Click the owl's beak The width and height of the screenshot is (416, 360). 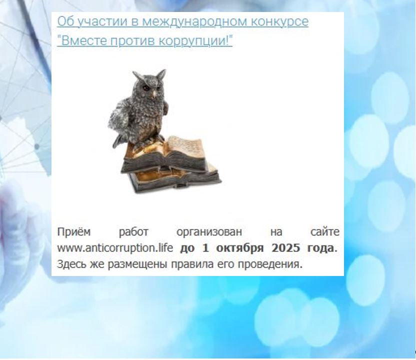click(154, 93)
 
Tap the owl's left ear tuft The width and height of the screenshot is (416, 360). click(137, 75)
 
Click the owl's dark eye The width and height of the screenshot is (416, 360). click(146, 87)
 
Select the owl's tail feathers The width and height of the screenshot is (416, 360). click(118, 141)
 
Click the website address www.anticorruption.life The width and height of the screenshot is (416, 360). click(115, 248)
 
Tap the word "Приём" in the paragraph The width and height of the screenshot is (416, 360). click(74, 232)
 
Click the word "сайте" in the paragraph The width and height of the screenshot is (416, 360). click(324, 232)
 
